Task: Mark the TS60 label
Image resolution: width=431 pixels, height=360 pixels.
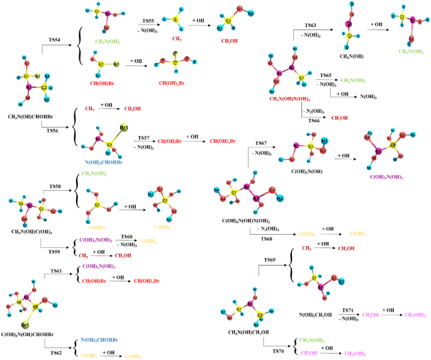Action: click(x=127, y=235)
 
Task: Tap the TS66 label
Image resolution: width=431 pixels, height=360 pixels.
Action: click(x=314, y=120)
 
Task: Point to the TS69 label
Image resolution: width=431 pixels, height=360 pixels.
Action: click(x=269, y=259)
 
